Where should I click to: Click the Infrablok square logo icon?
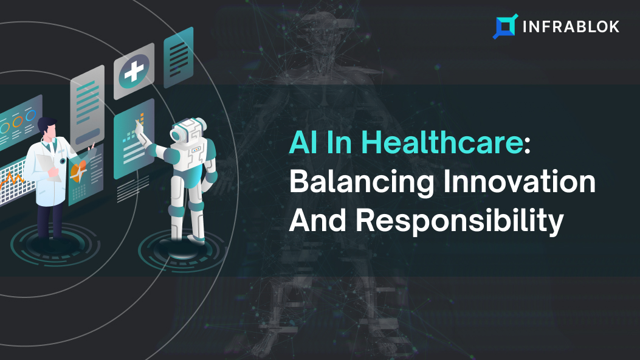[505, 27]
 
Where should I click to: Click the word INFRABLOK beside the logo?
[571, 27]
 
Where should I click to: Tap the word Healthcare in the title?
[442, 142]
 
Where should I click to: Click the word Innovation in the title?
[520, 182]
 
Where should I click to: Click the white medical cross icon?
[134, 71]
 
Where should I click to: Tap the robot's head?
[188, 130]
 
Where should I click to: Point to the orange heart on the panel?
[78, 171]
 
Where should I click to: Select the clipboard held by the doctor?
[48, 167]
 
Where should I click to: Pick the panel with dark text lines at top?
[178, 57]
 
